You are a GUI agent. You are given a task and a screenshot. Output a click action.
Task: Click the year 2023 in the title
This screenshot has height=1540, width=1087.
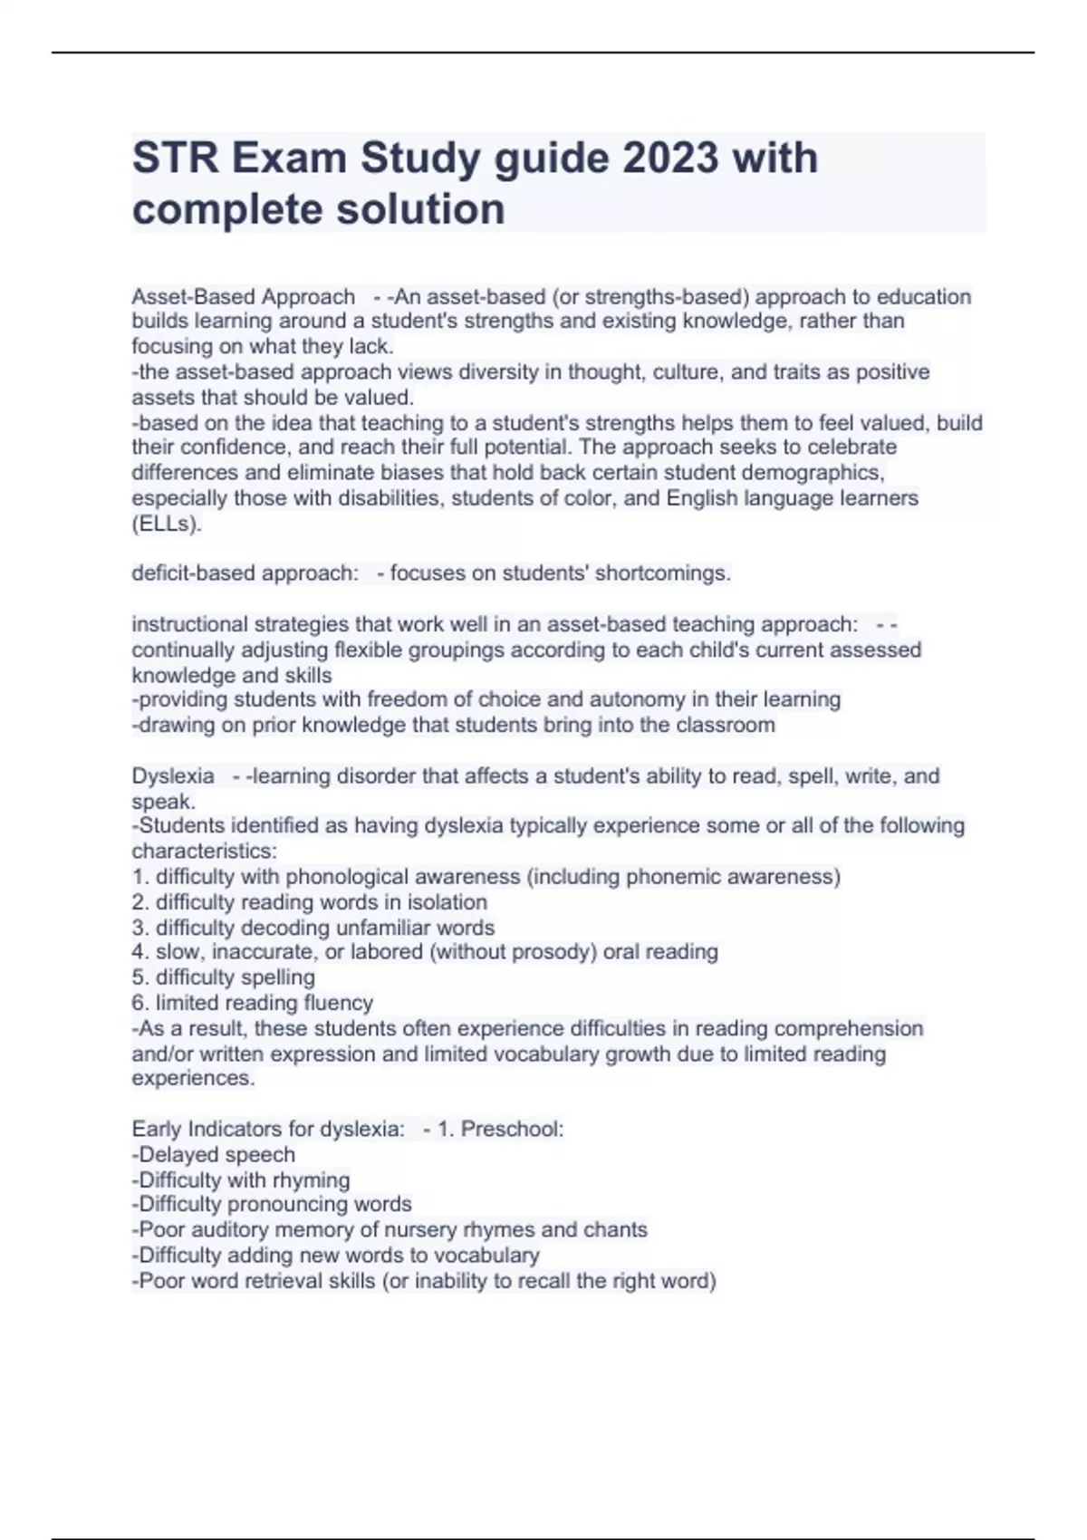(x=670, y=159)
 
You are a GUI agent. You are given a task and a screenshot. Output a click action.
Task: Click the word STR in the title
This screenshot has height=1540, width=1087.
(x=176, y=159)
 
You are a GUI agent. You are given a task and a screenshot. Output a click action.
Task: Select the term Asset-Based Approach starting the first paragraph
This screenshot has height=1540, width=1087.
(x=244, y=296)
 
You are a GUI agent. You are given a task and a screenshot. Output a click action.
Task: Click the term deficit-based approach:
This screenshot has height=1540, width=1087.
(x=245, y=573)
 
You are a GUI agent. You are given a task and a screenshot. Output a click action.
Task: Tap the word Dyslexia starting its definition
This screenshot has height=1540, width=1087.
(x=173, y=776)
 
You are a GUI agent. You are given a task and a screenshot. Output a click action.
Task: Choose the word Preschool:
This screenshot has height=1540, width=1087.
(x=512, y=1130)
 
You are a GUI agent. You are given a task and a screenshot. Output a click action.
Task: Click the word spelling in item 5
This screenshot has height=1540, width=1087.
(x=277, y=977)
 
